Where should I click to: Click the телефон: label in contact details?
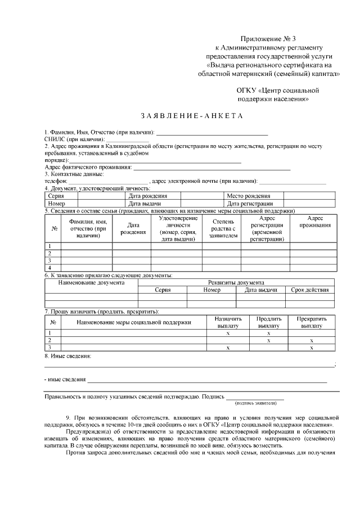click(56, 181)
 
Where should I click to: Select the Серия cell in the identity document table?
click(56, 196)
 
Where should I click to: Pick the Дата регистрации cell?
click(250, 204)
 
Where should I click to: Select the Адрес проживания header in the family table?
click(314, 222)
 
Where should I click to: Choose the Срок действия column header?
click(309, 290)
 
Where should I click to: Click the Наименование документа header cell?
click(92, 282)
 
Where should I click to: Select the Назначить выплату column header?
click(228, 322)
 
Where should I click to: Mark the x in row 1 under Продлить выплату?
click(268, 334)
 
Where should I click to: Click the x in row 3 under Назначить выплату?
click(228, 348)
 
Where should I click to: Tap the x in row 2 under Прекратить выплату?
click(311, 341)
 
